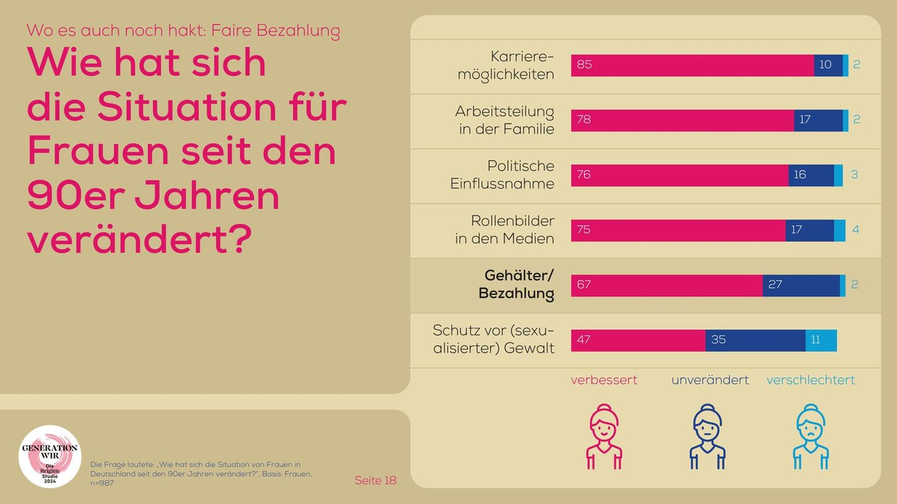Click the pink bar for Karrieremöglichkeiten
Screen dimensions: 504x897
point(691,65)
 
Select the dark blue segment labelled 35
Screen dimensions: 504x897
point(755,340)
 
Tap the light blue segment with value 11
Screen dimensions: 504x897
point(821,340)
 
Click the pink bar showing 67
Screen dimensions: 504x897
point(667,286)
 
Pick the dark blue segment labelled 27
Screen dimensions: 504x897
point(801,286)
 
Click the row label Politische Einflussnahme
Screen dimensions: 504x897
point(502,175)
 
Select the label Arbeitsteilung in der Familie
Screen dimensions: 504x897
point(505,120)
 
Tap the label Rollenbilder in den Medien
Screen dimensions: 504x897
point(505,230)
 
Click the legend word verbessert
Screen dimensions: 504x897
point(604,380)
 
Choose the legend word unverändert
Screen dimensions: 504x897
point(710,380)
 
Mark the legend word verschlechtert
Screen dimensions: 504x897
point(810,380)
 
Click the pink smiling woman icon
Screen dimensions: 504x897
point(604,436)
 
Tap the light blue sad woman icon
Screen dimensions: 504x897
point(810,436)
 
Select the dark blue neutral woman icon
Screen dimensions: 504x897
point(707,436)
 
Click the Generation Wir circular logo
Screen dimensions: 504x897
point(50,456)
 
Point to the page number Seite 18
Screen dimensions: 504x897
point(375,480)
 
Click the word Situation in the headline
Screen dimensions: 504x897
point(186,107)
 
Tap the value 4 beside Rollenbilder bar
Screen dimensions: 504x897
point(855,230)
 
